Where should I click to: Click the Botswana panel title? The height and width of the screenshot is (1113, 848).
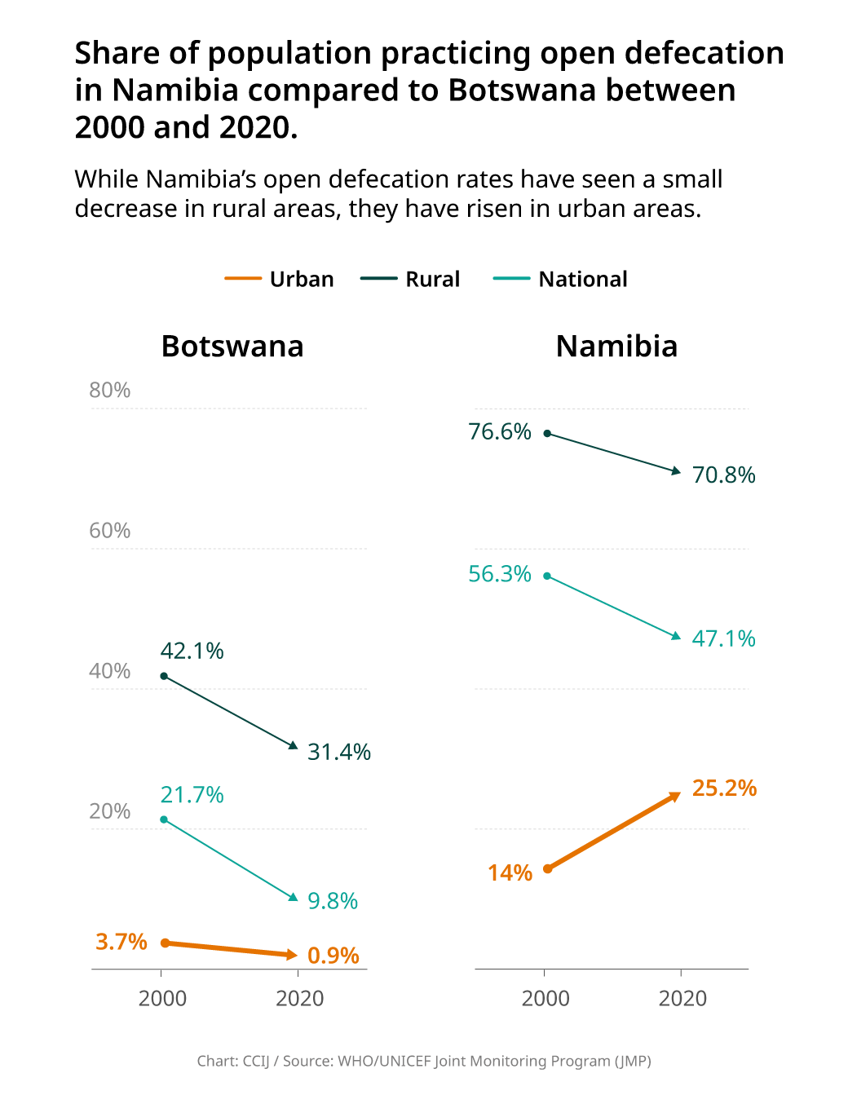tap(232, 347)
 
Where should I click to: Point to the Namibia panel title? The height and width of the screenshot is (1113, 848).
tap(616, 347)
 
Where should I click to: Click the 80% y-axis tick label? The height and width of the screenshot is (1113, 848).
tap(110, 391)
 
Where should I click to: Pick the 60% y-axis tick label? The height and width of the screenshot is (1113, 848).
tap(110, 531)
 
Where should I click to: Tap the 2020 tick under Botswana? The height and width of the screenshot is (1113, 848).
tap(300, 998)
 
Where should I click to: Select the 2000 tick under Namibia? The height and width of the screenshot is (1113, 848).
tap(545, 998)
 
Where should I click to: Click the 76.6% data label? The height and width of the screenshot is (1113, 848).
tap(499, 432)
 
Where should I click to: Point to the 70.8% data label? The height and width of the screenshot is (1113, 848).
tap(723, 475)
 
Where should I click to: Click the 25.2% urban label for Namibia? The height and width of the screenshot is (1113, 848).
tap(724, 788)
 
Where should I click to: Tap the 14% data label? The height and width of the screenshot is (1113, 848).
tap(510, 873)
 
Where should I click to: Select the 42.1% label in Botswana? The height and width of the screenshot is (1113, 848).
tap(192, 651)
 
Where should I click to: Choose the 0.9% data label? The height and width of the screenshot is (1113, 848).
tap(333, 956)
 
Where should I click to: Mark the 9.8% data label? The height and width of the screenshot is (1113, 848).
tap(333, 901)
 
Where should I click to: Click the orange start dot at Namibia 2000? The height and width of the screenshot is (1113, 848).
tap(548, 868)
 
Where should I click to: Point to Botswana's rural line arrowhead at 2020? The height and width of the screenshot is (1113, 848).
tap(294, 745)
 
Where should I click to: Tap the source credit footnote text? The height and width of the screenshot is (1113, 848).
tap(424, 1061)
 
